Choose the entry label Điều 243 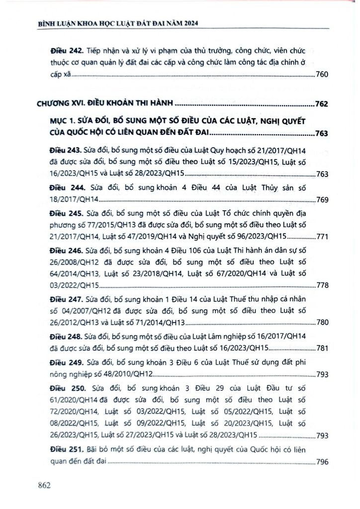tap(65, 149)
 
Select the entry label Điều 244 tap(66, 188)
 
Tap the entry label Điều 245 tap(65, 213)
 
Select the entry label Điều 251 tap(65, 450)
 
